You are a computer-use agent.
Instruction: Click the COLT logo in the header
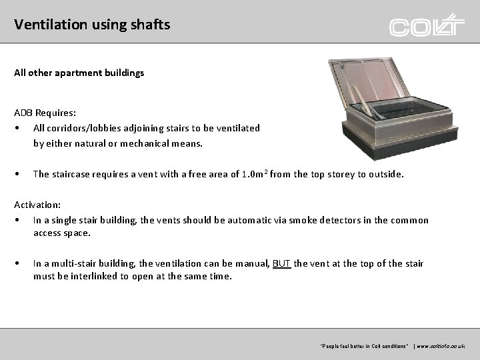(x=427, y=26)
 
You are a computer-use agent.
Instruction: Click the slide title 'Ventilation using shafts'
(x=92, y=25)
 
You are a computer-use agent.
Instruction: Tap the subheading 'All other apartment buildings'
(x=79, y=73)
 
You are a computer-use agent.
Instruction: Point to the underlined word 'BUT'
(x=282, y=263)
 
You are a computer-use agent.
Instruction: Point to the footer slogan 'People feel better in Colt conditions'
(x=364, y=347)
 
